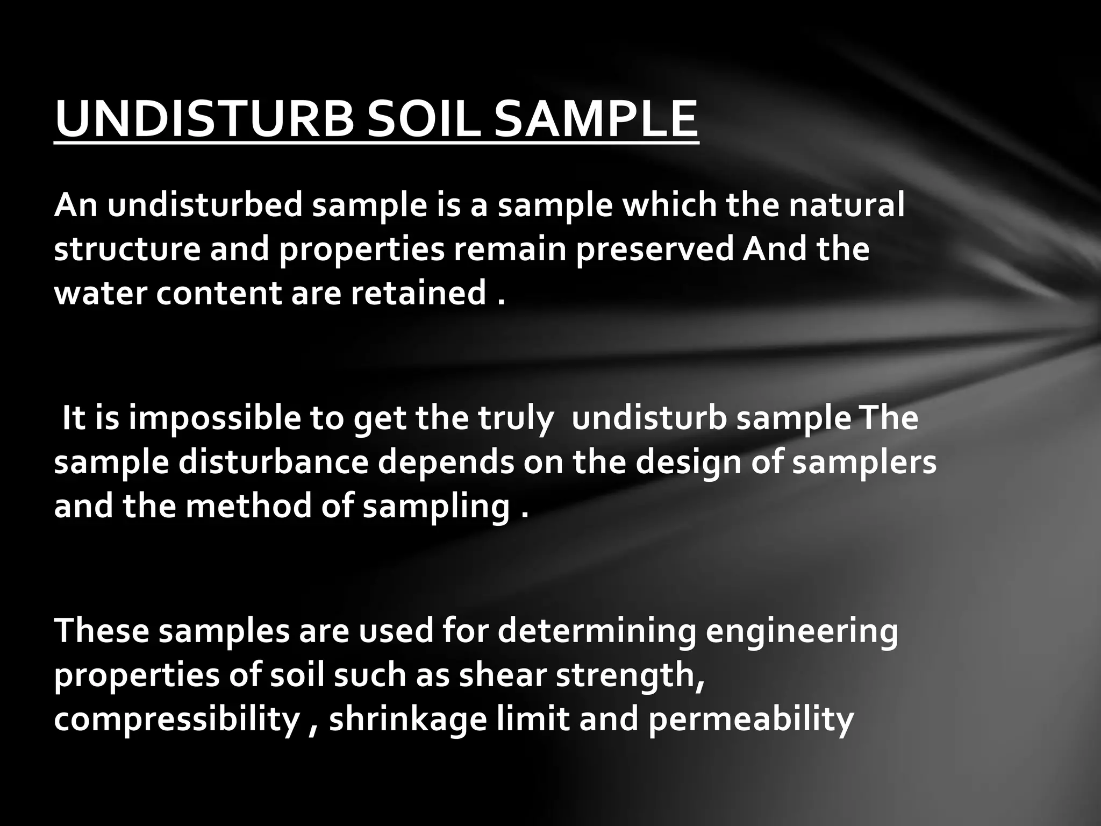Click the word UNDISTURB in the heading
point(204,119)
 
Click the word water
point(99,294)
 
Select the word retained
point(419,294)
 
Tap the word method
point(248,507)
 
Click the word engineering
point(802,632)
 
